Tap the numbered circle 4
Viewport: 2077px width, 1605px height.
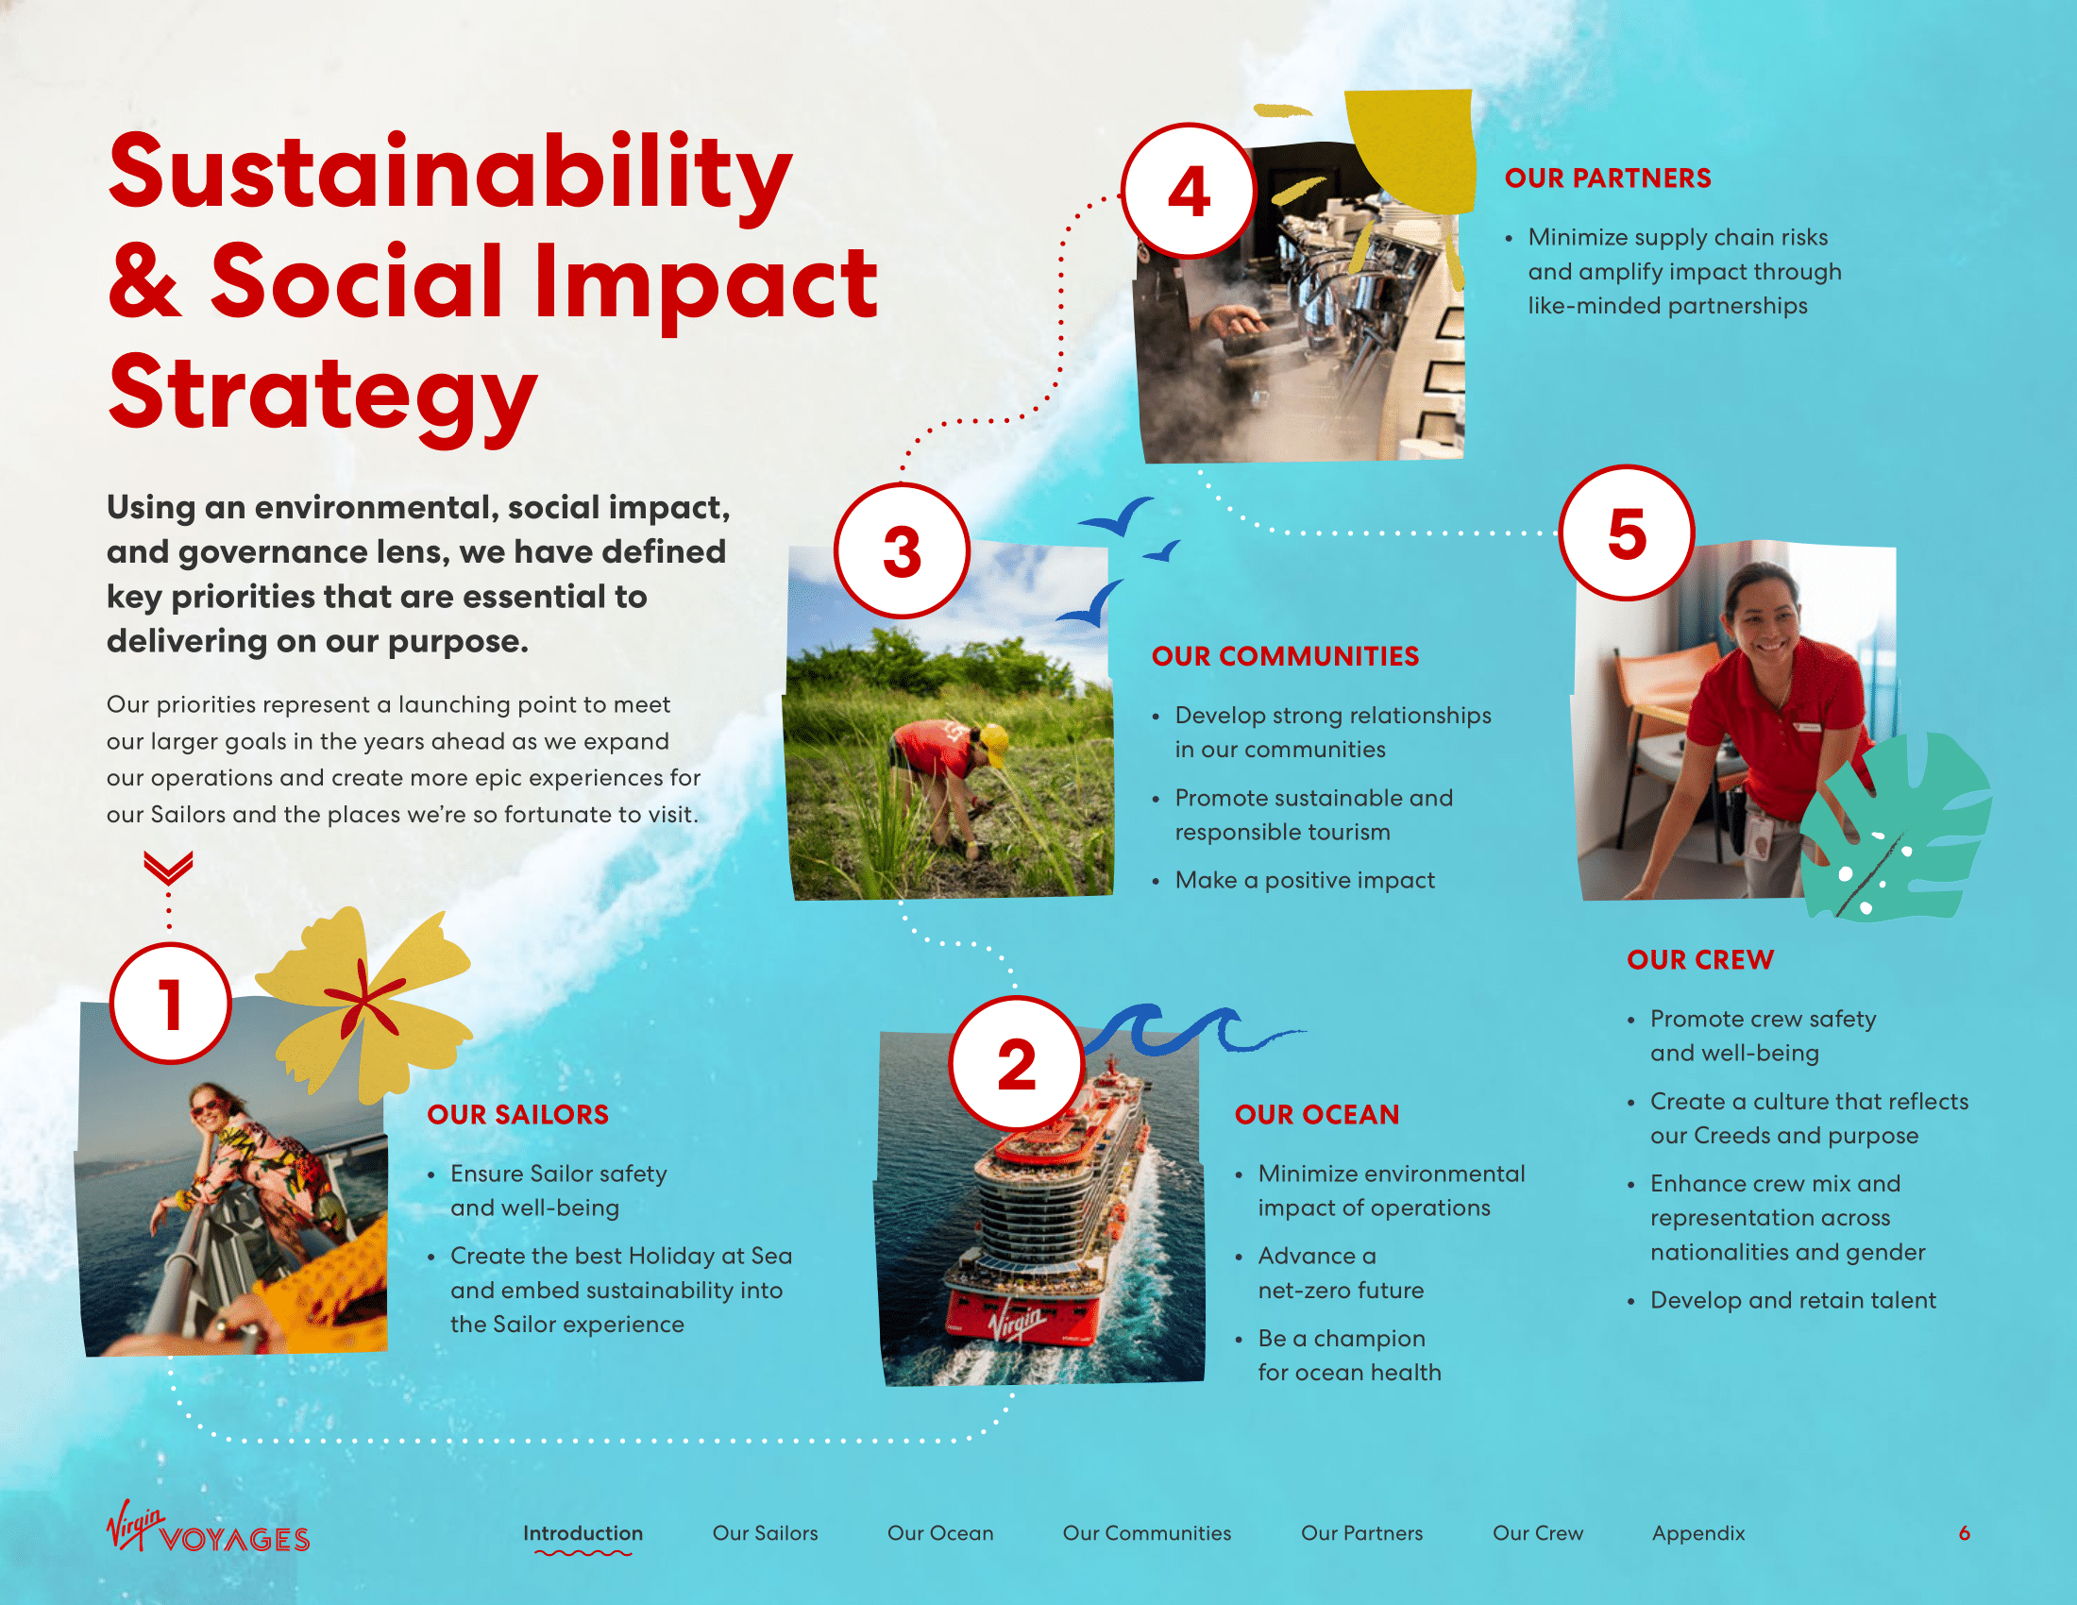(1188, 191)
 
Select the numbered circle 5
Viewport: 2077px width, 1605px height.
(1628, 532)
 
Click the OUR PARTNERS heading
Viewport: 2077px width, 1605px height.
(1607, 177)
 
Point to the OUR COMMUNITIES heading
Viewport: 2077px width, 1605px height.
(1285, 656)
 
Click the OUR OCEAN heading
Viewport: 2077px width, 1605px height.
(1317, 1114)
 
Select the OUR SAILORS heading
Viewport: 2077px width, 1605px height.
(517, 1114)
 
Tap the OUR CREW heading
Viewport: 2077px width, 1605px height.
(1700, 959)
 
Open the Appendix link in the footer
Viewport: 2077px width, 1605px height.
(1698, 1532)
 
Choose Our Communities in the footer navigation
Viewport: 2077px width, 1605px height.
(1147, 1532)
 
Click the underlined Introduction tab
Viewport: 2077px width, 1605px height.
(583, 1532)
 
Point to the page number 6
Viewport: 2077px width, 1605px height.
(1964, 1532)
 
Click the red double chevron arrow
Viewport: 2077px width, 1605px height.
(168, 867)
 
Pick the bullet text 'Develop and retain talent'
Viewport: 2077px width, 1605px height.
(1793, 1300)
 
